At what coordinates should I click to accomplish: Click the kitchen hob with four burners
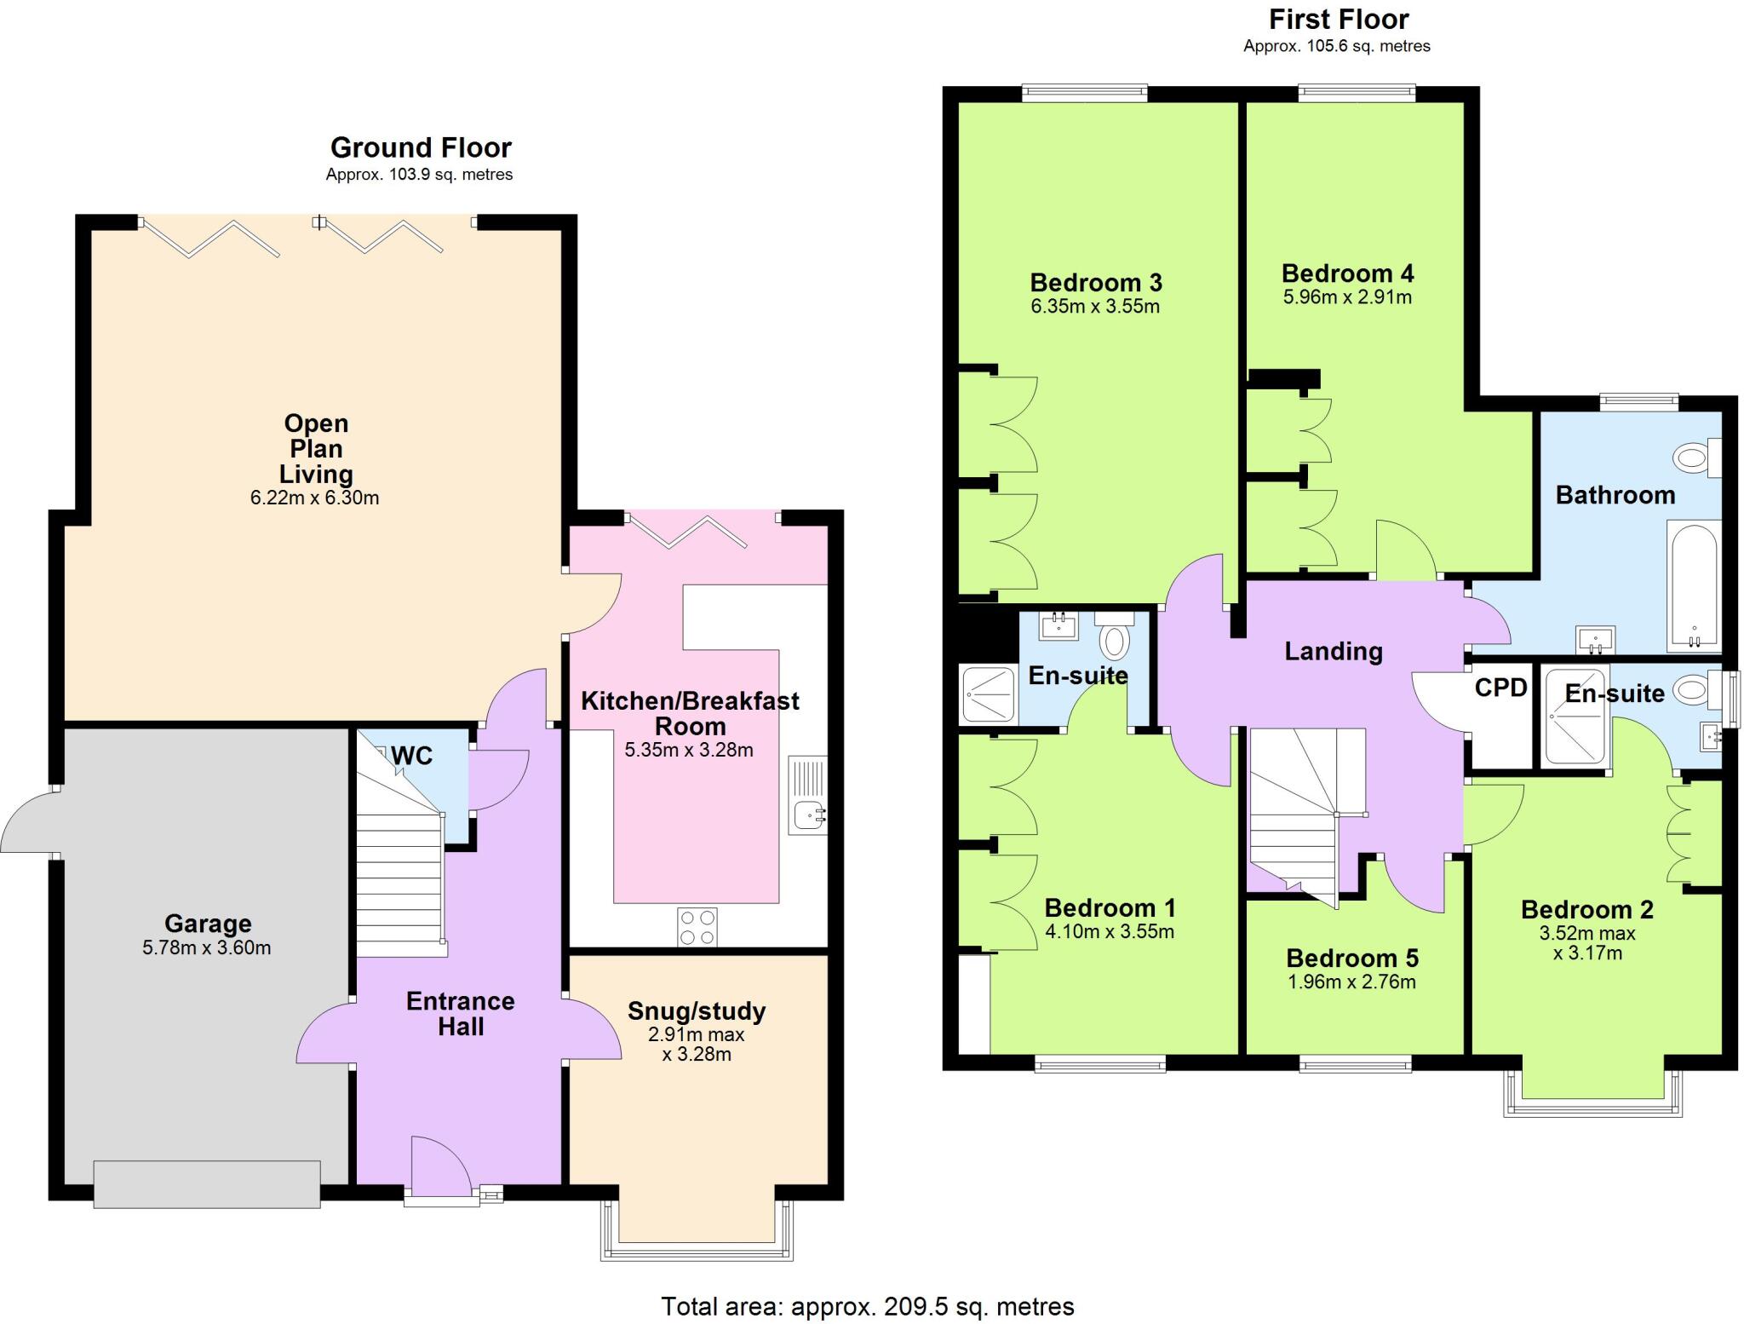click(697, 927)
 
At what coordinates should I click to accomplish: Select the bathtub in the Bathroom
click(1692, 587)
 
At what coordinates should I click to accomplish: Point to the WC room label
click(411, 756)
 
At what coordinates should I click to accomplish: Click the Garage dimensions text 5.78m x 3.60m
click(207, 947)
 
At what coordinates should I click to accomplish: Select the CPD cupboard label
click(1500, 688)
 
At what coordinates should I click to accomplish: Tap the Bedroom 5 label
click(1351, 958)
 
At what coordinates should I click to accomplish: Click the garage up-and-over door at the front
click(207, 1183)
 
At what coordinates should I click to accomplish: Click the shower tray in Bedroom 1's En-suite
click(988, 694)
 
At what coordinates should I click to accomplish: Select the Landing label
click(1333, 652)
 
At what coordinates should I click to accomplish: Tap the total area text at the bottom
click(867, 1306)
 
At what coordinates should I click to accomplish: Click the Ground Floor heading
click(421, 148)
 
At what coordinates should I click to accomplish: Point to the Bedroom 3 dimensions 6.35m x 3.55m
click(1094, 307)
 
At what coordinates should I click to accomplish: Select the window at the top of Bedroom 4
click(1357, 92)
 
